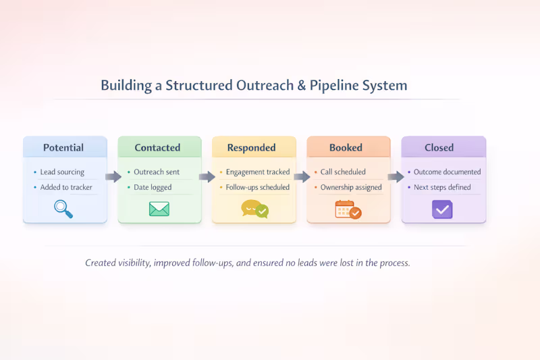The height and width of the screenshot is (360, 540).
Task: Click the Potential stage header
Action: [64, 147]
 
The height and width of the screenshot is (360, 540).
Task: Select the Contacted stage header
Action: [157, 147]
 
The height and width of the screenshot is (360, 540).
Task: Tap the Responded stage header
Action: [251, 147]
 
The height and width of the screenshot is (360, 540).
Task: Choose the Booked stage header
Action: [346, 147]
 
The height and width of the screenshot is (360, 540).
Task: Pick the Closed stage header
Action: [439, 147]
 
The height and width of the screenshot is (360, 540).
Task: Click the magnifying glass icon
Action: [63, 209]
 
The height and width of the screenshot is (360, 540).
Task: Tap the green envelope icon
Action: [159, 209]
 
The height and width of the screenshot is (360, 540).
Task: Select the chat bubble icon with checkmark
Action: [254, 209]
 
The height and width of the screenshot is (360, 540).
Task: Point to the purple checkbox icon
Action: [442, 209]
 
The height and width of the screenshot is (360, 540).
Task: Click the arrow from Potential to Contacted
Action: [113, 177]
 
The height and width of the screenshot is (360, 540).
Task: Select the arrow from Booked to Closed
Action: [396, 177]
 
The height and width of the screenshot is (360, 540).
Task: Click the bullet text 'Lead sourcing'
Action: [62, 172]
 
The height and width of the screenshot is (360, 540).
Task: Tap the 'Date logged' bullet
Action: [153, 187]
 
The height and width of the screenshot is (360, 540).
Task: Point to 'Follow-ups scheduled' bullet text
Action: [257, 187]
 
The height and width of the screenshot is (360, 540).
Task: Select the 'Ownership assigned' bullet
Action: [351, 187]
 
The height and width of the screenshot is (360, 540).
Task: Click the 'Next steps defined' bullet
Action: [442, 187]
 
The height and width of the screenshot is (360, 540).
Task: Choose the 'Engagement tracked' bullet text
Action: [257, 172]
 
